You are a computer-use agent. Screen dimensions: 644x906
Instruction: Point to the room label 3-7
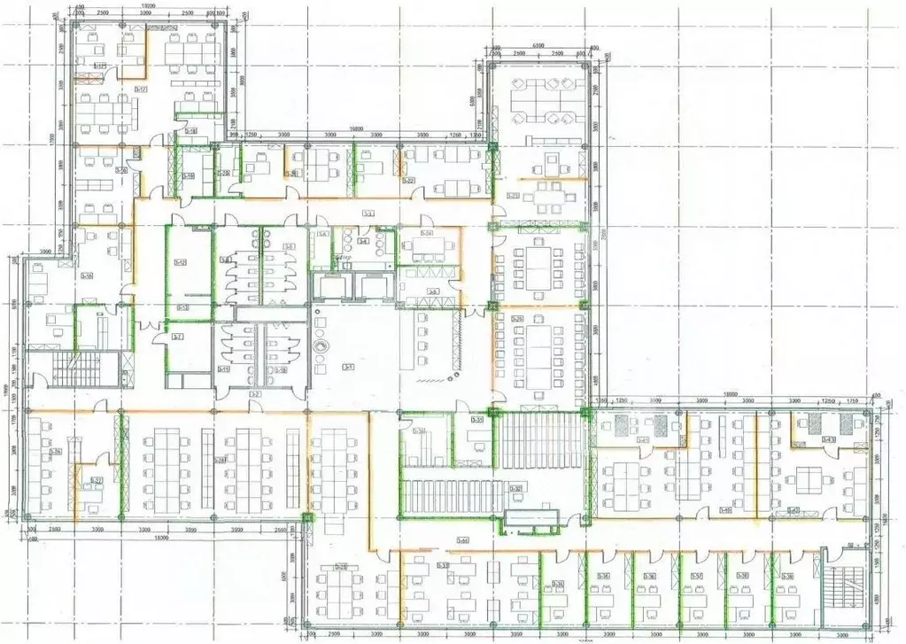[x=178, y=338]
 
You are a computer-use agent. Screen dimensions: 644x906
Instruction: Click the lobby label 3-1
[x=349, y=367]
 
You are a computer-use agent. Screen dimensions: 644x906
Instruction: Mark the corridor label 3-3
[x=368, y=213]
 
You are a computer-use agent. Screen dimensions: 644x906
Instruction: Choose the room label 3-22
[x=408, y=181]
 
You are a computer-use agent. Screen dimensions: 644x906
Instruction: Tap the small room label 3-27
[x=97, y=481]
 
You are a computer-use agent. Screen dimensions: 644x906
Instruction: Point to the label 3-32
[x=515, y=488]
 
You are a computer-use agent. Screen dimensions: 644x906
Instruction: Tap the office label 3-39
[x=787, y=577]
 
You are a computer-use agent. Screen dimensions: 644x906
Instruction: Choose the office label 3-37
[x=697, y=577]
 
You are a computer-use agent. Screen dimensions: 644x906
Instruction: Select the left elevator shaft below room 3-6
[x=329, y=285]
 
